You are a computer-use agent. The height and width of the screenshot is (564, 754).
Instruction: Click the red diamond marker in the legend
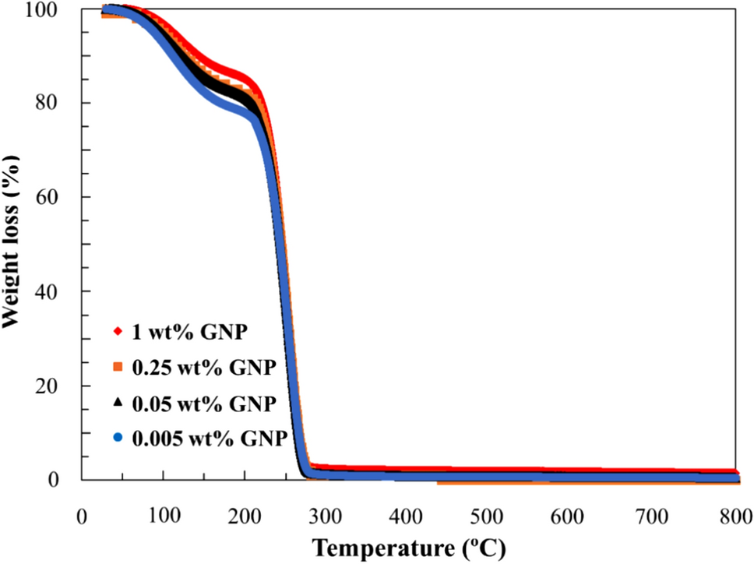click(x=118, y=332)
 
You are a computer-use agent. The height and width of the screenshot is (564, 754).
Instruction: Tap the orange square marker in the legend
click(x=118, y=367)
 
